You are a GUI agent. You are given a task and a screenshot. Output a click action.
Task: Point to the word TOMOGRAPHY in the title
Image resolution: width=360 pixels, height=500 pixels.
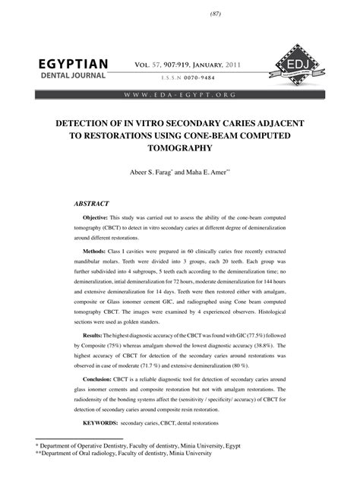(179, 150)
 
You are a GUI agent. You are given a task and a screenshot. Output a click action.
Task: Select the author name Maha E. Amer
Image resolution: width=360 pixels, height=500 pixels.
(205, 173)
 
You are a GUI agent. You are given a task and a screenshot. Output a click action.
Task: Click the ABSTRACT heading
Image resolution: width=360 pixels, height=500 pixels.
(92, 204)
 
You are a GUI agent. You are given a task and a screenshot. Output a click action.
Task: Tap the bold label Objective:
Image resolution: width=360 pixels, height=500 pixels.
(100, 218)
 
